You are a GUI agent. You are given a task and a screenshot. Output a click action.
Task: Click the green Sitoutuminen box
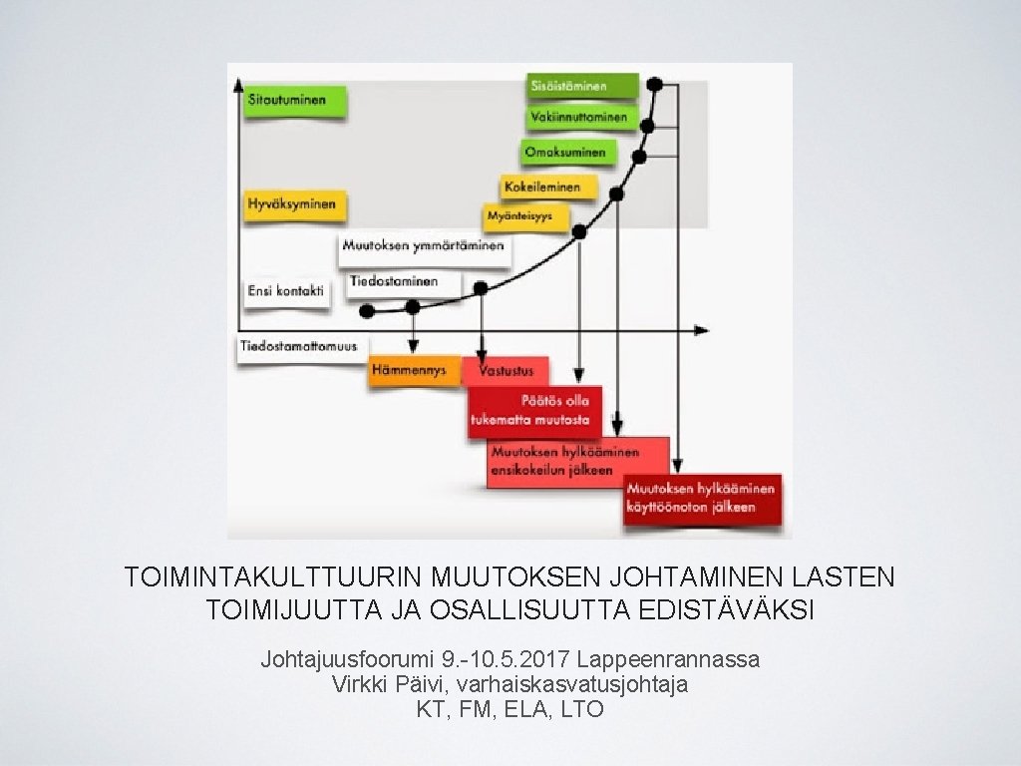coord(295,101)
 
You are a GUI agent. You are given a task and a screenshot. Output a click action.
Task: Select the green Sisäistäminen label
coord(581,86)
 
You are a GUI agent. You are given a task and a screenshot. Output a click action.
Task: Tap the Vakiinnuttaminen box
coord(580,119)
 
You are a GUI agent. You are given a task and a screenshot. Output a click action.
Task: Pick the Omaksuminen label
coord(566,153)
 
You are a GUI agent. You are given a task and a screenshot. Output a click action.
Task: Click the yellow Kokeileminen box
coord(548,186)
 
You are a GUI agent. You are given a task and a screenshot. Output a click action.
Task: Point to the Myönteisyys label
coord(525,215)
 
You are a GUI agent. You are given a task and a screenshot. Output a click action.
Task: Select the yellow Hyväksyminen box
coord(293,204)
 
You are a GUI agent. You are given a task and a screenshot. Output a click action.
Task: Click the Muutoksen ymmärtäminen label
coord(424,246)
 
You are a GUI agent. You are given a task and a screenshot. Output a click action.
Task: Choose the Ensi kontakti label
coord(286,291)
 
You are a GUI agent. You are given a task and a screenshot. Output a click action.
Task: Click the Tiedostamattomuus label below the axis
coord(299,347)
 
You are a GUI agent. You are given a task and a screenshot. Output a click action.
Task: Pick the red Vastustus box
coord(507,371)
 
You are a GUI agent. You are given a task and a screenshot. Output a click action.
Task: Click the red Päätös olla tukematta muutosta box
coord(535,410)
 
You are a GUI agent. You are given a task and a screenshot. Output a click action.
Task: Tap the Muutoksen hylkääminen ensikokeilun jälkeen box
coord(577,462)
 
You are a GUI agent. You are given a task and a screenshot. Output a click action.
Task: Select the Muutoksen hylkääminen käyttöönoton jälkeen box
coord(702,498)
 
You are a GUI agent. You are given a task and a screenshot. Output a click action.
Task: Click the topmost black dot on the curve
coord(655,84)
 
